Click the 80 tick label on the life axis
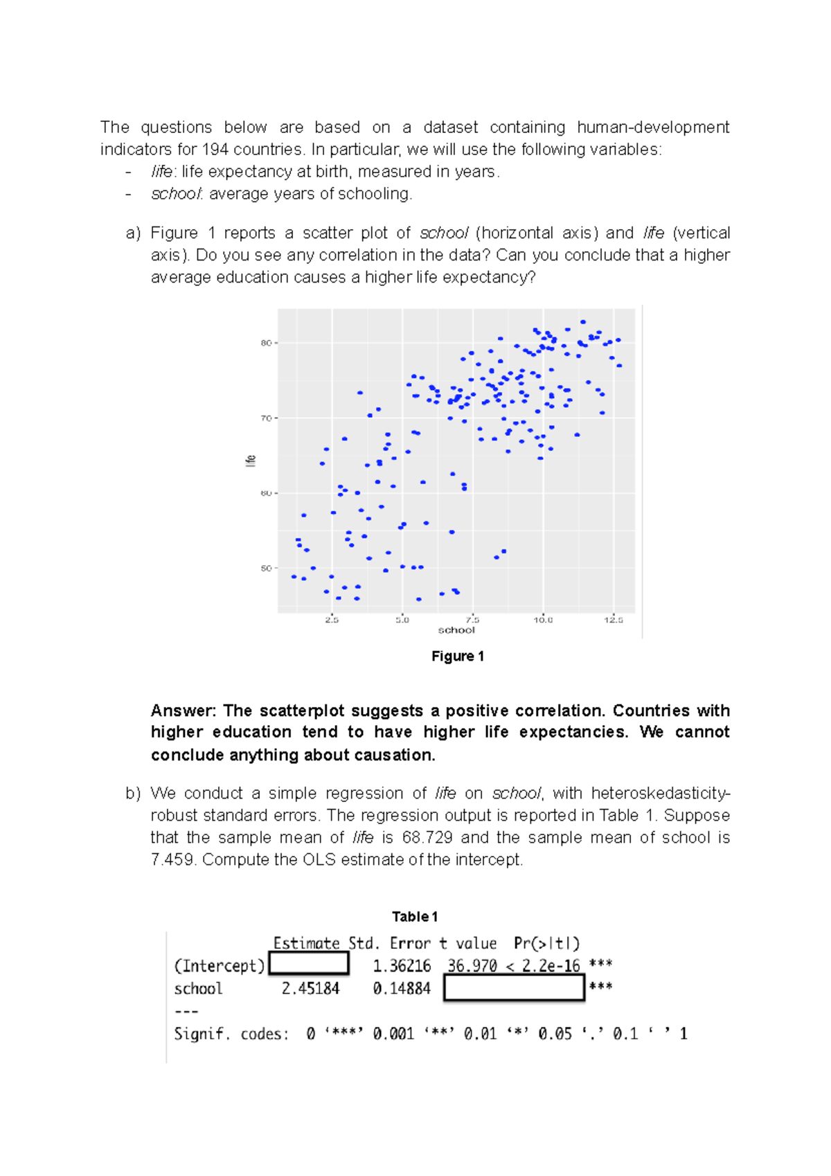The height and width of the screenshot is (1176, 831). pos(266,343)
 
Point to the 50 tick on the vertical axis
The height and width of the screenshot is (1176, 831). pos(266,569)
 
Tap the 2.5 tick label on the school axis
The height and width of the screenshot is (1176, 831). pos(332,620)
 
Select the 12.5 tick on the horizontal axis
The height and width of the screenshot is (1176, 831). pos(613,620)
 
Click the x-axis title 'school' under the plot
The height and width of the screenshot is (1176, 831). pos(456,630)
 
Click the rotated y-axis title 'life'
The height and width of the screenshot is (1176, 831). pos(251,461)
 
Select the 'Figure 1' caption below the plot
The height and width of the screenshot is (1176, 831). pos(457,656)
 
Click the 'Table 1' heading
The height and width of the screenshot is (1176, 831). pos(415,916)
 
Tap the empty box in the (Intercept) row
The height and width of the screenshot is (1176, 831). pos(309,963)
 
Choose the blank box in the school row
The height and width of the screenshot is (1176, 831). pos(514,988)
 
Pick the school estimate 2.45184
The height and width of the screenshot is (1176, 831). pos(310,988)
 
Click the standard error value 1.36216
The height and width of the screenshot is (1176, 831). pos(402,965)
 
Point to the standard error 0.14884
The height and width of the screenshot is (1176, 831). pos(402,988)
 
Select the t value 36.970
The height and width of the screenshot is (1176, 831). pos(472,965)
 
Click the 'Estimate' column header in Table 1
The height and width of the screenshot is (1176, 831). pos(306,943)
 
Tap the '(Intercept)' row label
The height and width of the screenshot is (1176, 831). pos(220,965)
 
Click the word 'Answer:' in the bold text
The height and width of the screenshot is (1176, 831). pos(184,711)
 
